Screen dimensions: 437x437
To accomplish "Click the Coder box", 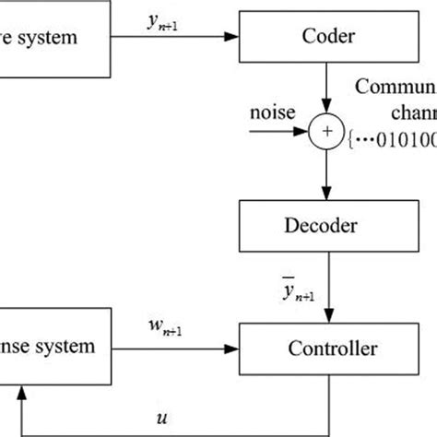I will (x=328, y=38).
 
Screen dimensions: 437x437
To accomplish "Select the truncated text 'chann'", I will (x=411, y=117).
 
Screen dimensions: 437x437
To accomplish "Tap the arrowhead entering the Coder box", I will (x=234, y=38).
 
